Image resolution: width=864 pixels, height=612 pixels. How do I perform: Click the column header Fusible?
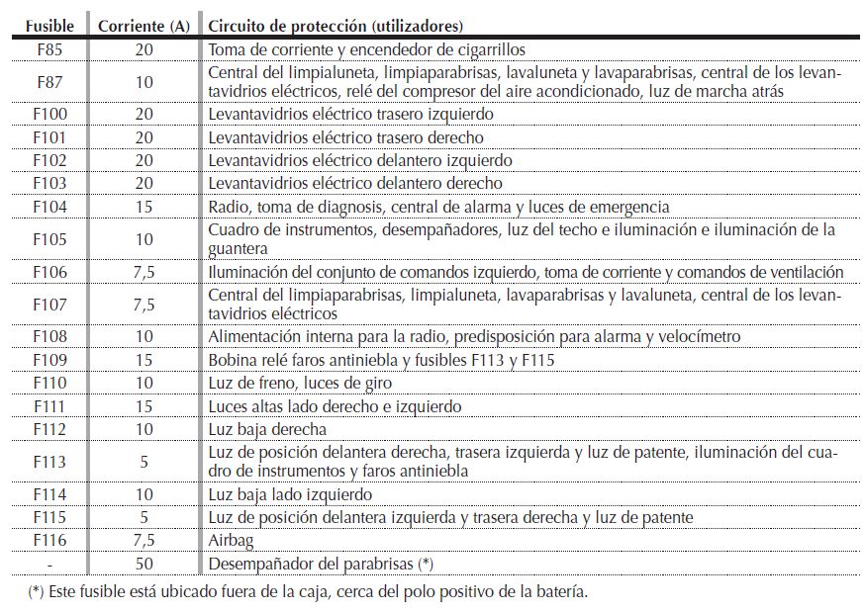point(48,25)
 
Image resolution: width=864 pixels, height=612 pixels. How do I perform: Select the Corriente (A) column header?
point(144,25)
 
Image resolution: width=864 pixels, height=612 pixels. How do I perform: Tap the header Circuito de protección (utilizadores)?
point(336,25)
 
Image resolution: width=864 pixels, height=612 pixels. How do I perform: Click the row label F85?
point(48,47)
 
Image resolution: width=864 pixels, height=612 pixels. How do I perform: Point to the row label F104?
point(48,207)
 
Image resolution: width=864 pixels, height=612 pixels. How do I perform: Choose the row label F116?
point(48,541)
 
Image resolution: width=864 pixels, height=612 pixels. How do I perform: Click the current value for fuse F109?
point(144,360)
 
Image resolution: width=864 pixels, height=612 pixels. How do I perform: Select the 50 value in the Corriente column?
point(144,564)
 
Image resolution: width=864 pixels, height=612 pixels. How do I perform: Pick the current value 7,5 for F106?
point(144,272)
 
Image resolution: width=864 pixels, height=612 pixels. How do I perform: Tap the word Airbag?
point(230,541)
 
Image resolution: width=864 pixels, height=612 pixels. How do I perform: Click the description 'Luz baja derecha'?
point(267,429)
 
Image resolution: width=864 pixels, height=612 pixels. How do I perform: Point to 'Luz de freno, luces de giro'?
point(300,383)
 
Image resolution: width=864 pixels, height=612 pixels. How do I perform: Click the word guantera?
point(238,248)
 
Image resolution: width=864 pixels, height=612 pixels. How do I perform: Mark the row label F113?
point(48,462)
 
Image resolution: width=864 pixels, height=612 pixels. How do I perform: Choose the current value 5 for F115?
point(144,517)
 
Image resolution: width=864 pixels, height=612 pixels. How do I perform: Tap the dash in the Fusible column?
point(48,564)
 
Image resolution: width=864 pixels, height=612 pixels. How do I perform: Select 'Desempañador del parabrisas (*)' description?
point(321,564)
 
